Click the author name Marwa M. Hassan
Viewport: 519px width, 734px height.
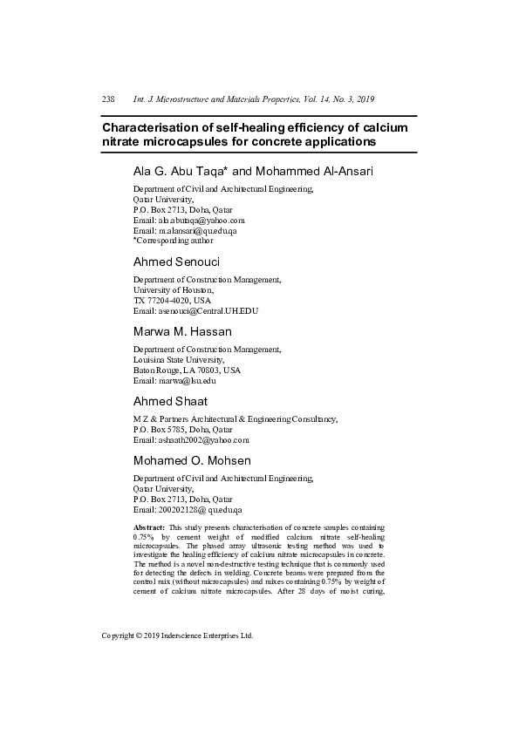181,331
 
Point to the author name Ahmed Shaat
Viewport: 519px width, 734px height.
170,401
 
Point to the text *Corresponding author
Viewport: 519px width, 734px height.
174,241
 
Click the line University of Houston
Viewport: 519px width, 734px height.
173,289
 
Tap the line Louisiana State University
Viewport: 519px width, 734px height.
178,359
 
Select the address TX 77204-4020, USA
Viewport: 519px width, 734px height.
173,300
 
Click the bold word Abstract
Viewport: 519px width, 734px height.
149,528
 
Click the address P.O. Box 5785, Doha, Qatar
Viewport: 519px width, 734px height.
182,429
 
